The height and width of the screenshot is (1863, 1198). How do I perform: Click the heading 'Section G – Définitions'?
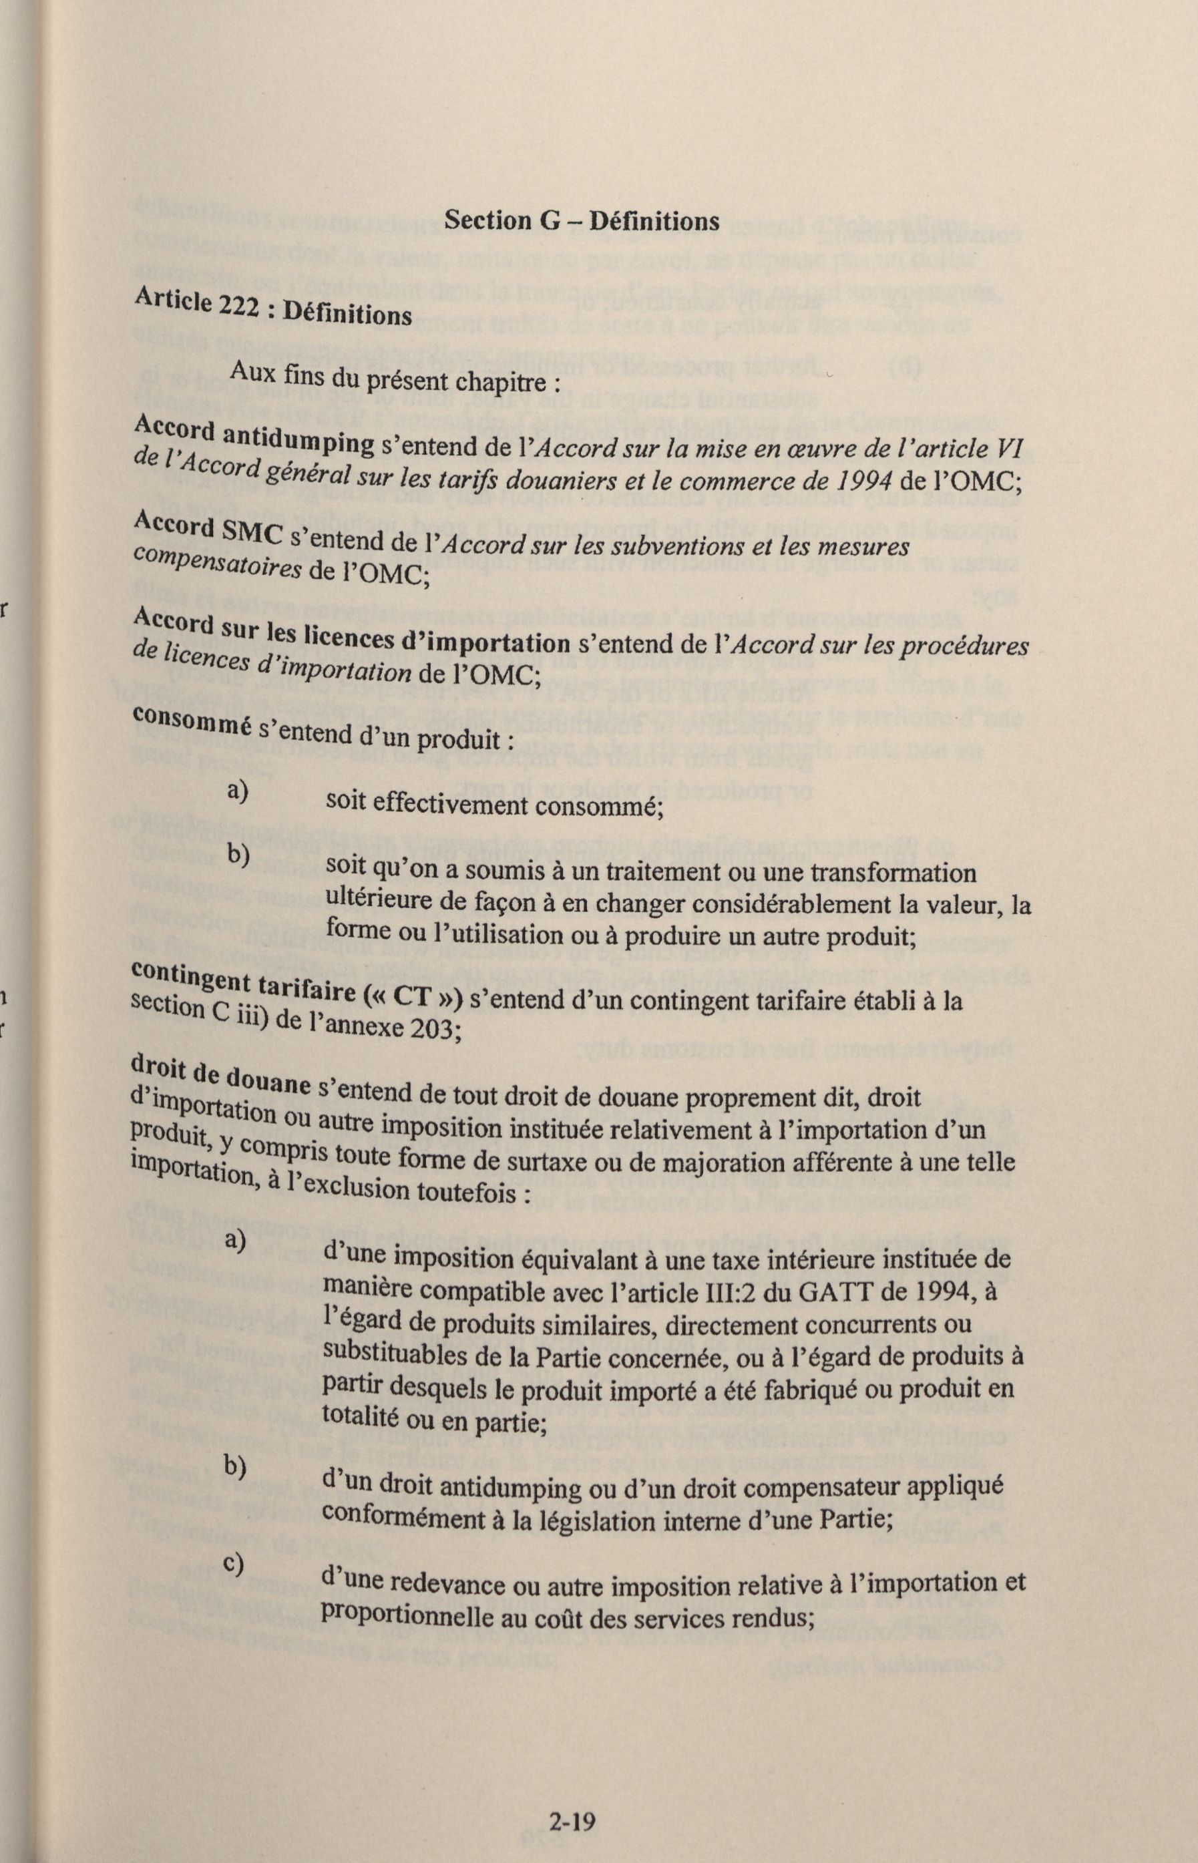(x=581, y=221)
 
